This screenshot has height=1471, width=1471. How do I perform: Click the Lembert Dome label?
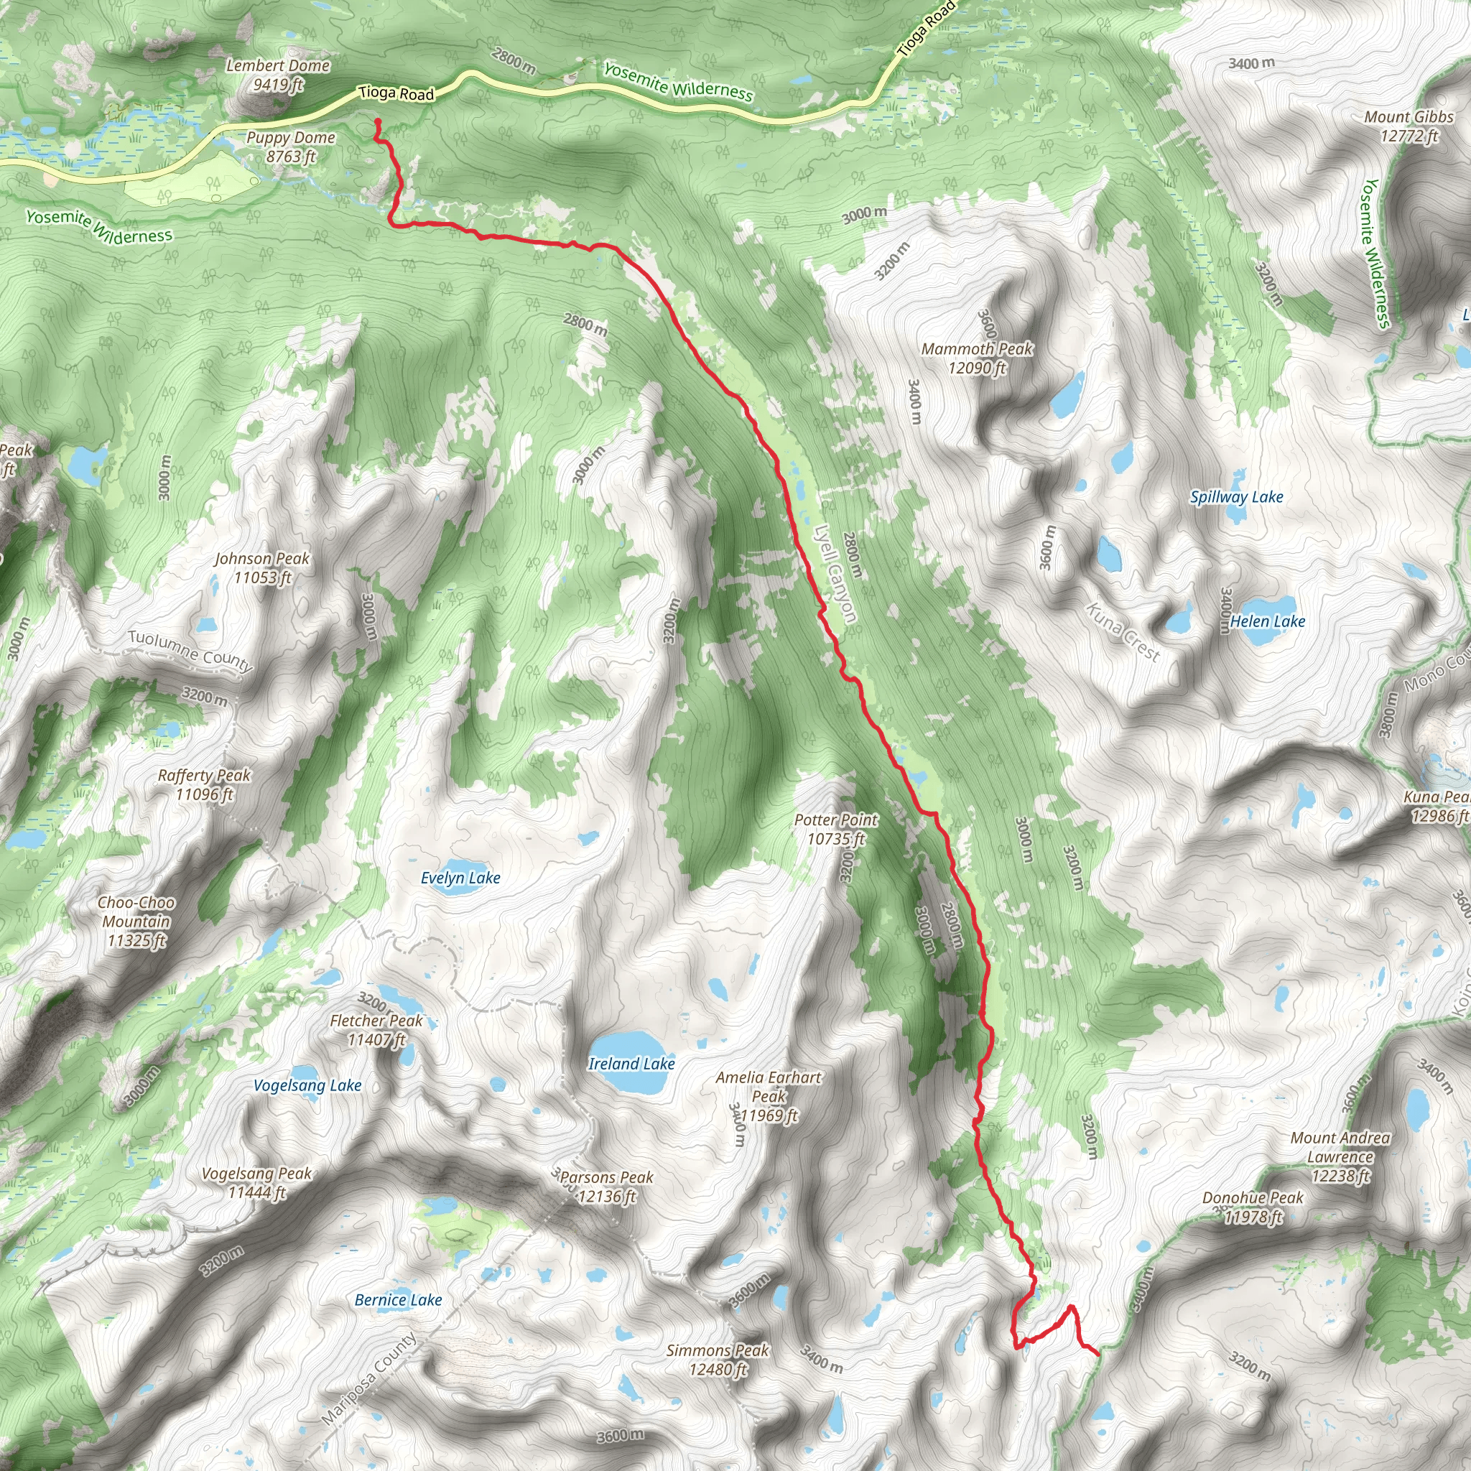point(278,75)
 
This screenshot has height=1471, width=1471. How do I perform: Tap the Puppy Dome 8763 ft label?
point(291,147)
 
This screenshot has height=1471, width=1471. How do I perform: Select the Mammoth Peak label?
point(977,358)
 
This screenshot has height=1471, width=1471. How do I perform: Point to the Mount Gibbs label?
point(1409,126)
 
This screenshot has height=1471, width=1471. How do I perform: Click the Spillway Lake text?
point(1237,497)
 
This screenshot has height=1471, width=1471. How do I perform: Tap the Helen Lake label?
point(1267,621)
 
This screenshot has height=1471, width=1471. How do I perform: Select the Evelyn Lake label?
point(460,878)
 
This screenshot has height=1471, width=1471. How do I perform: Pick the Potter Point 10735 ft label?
point(836,829)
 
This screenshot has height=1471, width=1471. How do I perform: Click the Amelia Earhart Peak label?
point(769,1096)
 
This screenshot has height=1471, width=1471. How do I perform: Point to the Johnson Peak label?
point(262,568)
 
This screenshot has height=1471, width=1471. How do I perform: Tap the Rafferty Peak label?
point(204,784)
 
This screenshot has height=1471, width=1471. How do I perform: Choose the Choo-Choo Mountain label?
point(136,922)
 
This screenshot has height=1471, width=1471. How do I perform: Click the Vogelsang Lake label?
point(307,1085)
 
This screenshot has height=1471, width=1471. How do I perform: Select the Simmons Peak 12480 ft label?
point(718,1359)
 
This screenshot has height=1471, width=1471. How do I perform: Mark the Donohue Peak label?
point(1253,1207)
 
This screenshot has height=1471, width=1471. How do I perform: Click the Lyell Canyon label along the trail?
point(835,574)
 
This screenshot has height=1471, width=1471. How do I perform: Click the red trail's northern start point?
point(378,122)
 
